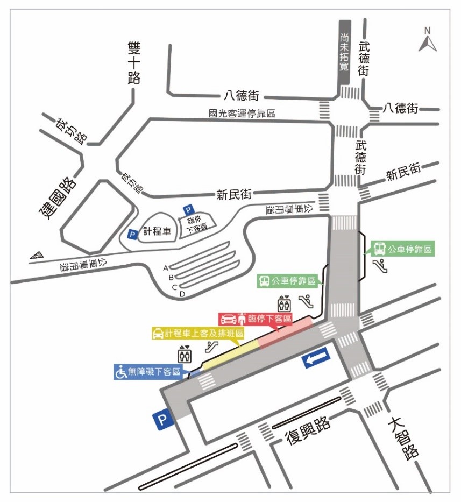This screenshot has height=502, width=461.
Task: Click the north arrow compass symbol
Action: coord(428,40)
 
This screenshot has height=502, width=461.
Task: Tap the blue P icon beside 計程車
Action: coord(132,234)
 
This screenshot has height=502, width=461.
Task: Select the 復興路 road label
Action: coord(308,430)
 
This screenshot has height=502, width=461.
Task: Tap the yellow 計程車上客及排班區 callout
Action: coord(197,334)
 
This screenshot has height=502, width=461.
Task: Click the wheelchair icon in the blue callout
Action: coord(122,372)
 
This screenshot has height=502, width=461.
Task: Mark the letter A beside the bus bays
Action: coord(166,267)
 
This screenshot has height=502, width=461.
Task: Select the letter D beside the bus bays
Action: coord(182,294)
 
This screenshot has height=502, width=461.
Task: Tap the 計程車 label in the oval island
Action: coord(157,231)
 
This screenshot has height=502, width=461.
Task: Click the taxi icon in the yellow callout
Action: coord(158,334)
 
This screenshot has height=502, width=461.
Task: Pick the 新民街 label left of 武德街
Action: coord(234,194)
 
